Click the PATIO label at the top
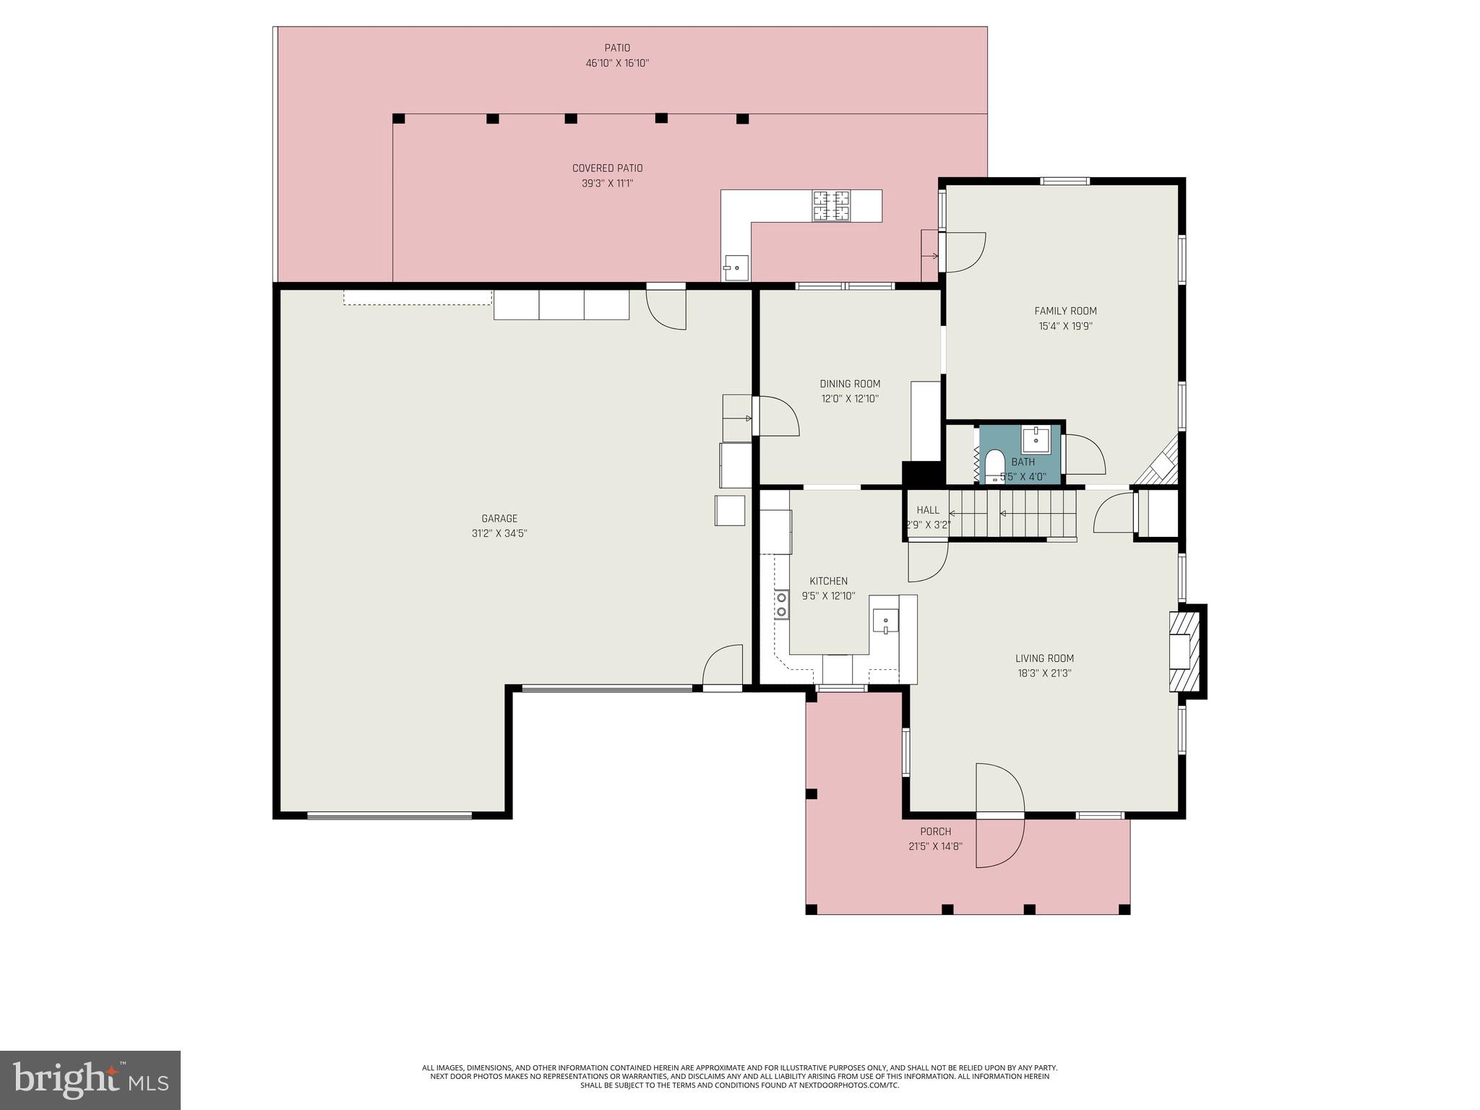[x=617, y=48]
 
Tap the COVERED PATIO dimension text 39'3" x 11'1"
[x=607, y=184]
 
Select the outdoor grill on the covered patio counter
[x=831, y=205]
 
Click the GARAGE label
[x=499, y=518]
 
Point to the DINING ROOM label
[x=850, y=384]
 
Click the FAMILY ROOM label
[x=1065, y=311]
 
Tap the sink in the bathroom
[x=1036, y=439]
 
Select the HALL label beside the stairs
[x=928, y=510]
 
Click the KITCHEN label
[x=828, y=581]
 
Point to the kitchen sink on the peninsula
[x=885, y=621]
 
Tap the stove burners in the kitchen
[x=780, y=604]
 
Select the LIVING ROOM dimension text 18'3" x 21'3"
[x=1044, y=674]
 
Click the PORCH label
[x=935, y=832]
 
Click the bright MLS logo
[x=90, y=1080]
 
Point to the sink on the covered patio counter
[x=736, y=268]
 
